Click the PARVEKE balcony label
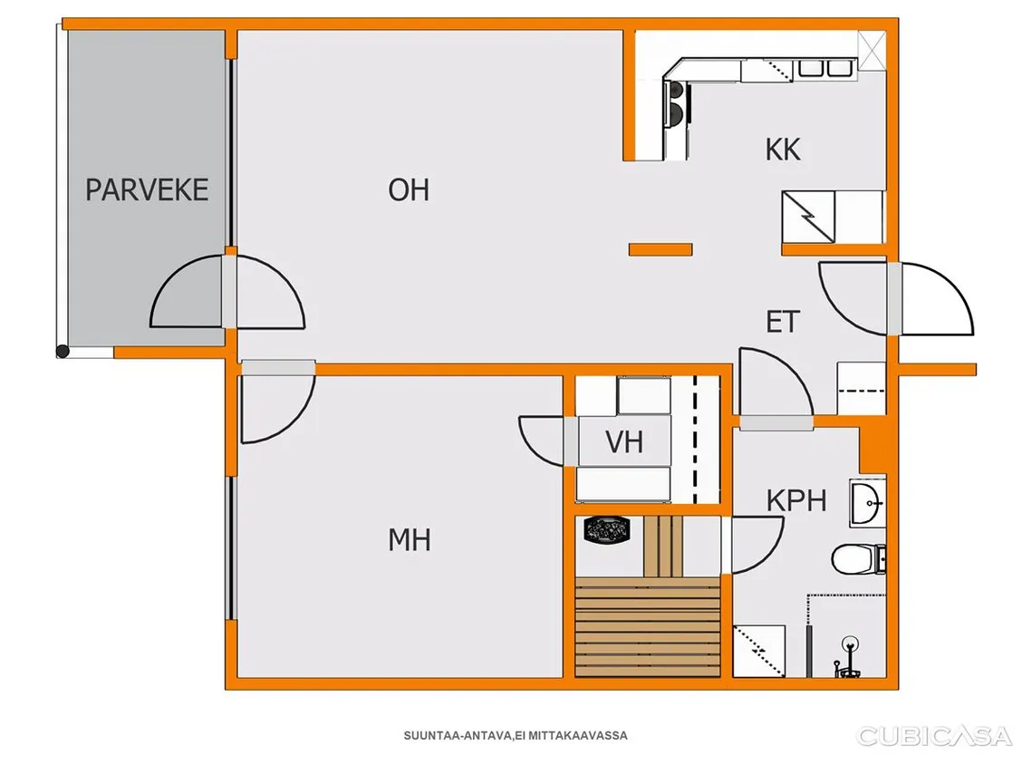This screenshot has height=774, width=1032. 147,190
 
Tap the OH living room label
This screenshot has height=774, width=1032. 409,190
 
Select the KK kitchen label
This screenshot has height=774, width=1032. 783,150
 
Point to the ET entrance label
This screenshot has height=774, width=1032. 783,322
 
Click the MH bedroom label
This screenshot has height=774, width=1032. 410,540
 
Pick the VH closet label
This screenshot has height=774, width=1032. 624,442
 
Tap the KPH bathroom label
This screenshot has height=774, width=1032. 796,501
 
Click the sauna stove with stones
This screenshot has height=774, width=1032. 607,530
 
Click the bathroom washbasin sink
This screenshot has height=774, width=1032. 867,504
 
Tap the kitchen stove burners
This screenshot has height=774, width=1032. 677,103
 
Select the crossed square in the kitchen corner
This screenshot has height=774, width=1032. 872,50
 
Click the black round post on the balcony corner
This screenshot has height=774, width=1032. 63,352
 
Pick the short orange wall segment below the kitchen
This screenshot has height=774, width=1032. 661,249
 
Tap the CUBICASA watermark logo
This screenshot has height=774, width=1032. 933,737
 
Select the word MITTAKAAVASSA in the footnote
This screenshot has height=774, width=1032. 578,736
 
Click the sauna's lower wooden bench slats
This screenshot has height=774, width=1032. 648,627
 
